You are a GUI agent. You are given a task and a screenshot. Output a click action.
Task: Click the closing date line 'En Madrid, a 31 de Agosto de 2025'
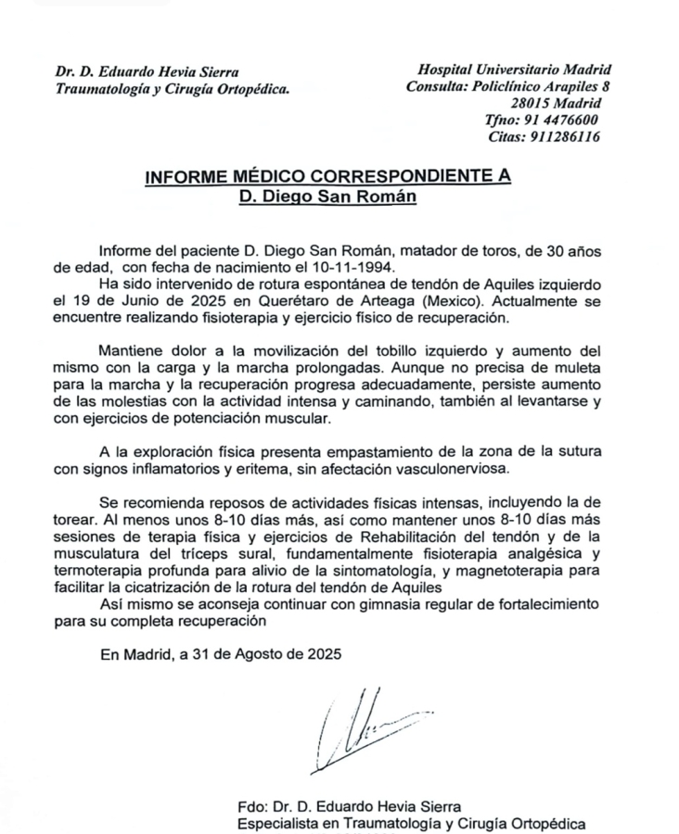click(x=221, y=652)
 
